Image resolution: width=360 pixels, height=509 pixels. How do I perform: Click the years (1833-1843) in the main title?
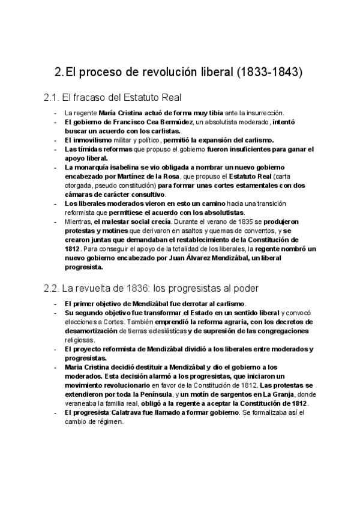271,73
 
